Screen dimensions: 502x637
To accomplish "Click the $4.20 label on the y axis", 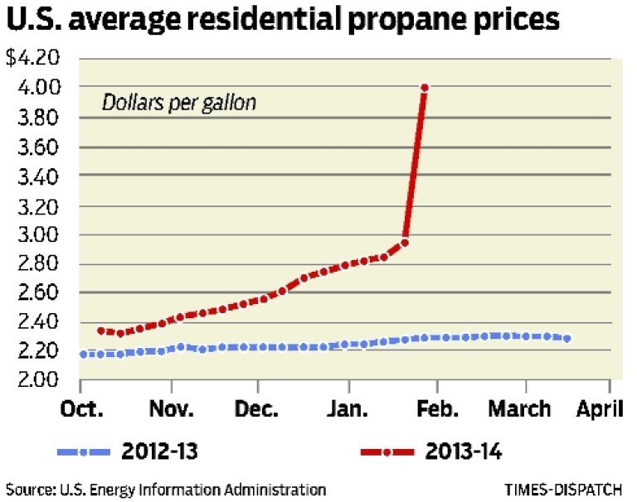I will pyautogui.click(x=32, y=59).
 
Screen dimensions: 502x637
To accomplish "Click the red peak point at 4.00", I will pyautogui.click(x=425, y=87).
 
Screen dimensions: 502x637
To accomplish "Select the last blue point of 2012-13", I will pyautogui.click(x=566, y=338).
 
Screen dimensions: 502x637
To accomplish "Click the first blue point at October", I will pyautogui.click(x=82, y=355).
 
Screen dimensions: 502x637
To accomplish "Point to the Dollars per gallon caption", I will pyautogui.click(x=179, y=104).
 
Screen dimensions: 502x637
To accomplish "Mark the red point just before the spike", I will pyautogui.click(x=405, y=243).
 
